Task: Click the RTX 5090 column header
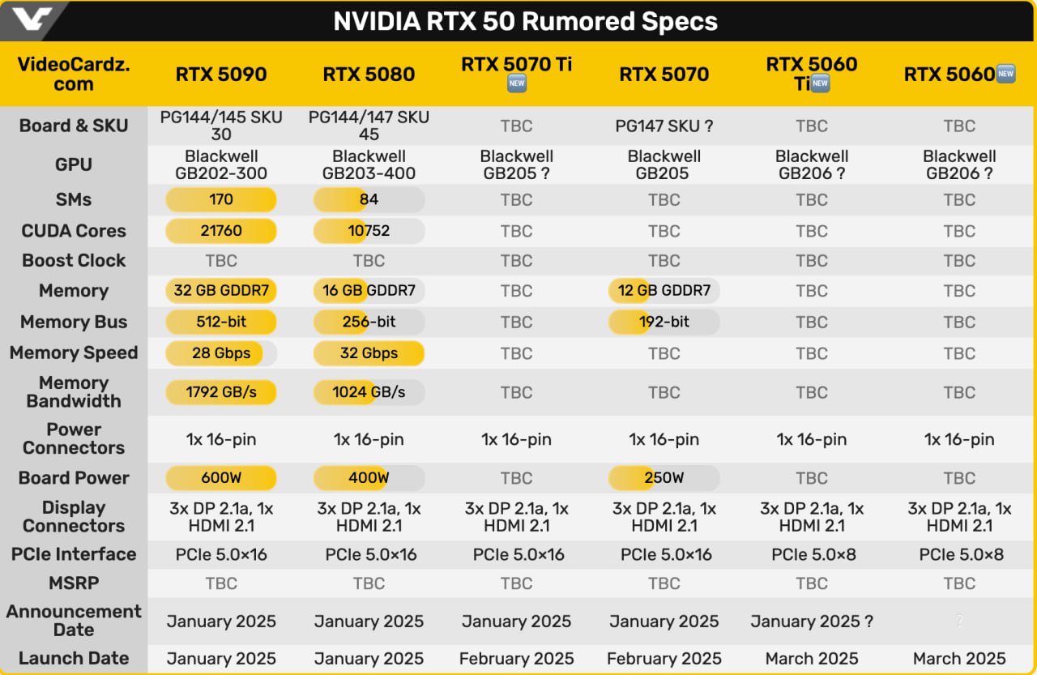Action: (221, 75)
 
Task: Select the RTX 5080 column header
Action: (369, 75)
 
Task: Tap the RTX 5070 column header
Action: (664, 75)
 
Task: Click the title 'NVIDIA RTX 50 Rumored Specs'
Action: (525, 21)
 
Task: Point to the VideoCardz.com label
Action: (74, 74)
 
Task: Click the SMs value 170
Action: (221, 199)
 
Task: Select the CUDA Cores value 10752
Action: (369, 231)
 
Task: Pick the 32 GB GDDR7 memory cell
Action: (221, 291)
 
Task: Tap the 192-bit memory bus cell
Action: (664, 322)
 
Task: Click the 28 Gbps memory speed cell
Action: (221, 353)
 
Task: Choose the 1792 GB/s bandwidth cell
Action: (221, 392)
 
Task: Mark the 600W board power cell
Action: (221, 478)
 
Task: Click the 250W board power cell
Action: (664, 478)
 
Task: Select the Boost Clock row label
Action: (74, 261)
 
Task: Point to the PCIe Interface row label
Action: (74, 555)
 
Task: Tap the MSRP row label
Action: (74, 583)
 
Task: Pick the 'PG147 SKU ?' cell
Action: (664, 126)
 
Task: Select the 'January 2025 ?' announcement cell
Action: (812, 622)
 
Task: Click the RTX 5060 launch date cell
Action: (959, 659)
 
